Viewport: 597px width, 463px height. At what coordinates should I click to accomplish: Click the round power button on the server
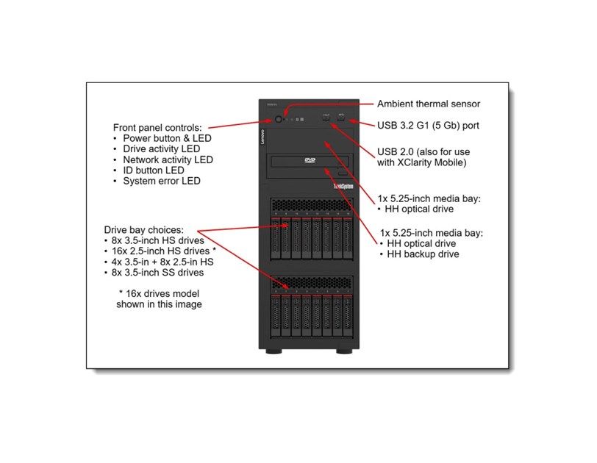coord(278,118)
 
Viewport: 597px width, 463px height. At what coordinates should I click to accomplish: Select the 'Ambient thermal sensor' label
coord(428,104)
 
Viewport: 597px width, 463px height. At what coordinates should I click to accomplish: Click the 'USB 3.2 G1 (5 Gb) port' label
coord(428,126)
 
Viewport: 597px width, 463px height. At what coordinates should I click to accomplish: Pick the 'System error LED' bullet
coord(161,181)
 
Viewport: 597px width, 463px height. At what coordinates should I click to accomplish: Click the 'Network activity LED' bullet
coord(168,159)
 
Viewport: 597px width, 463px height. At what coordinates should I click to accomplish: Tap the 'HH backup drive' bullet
coord(423,254)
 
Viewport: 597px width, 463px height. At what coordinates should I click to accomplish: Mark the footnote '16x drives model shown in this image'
coord(159,298)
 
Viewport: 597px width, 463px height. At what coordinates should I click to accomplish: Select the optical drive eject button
coord(340,173)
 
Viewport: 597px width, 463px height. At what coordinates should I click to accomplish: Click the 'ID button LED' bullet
coord(154,171)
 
